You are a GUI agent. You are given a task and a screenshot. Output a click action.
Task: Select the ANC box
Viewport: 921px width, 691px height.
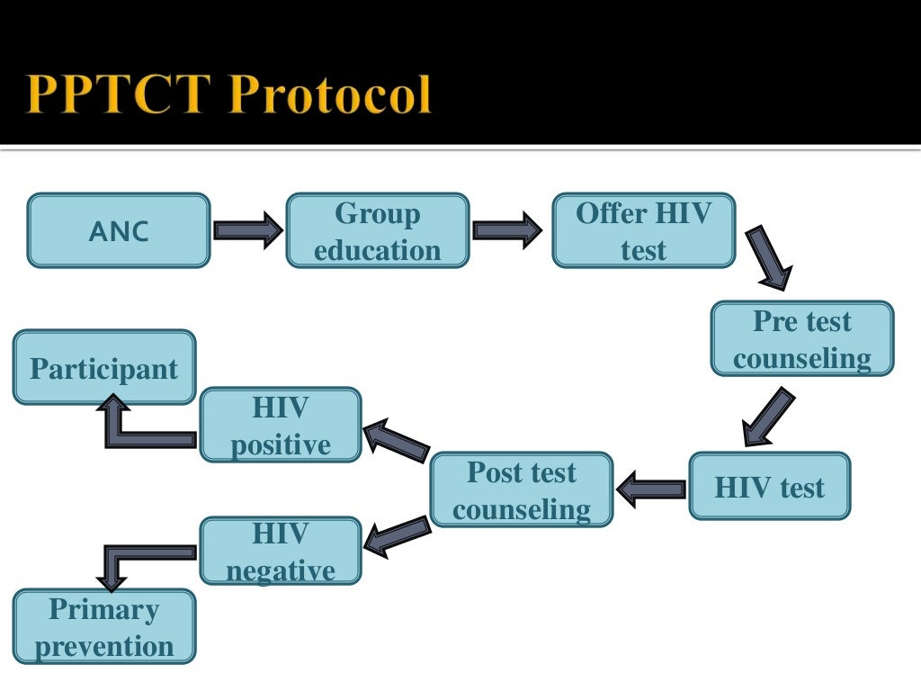pos(119,231)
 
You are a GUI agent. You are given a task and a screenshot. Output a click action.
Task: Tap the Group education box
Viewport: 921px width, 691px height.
pos(378,231)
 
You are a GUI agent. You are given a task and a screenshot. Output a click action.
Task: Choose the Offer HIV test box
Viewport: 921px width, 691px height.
pos(643,231)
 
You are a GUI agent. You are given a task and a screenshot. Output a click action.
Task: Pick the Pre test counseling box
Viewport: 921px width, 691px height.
pos(802,339)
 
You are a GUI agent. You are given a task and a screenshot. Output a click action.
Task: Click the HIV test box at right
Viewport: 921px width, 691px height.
pos(769,487)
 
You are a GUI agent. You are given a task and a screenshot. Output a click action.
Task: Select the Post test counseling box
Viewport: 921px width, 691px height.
pos(522,490)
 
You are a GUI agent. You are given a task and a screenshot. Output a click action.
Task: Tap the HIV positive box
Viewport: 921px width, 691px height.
pos(281,426)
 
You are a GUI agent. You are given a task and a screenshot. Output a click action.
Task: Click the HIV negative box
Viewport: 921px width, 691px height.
pos(281,552)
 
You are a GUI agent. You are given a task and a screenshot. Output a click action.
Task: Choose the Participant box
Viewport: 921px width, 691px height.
pos(104,368)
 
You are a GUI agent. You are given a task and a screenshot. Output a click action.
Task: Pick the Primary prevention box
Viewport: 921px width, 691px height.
pos(104,627)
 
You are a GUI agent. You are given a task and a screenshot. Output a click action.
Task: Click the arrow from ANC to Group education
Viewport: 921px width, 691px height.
pos(248,230)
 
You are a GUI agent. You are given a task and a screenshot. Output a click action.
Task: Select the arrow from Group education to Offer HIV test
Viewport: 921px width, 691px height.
pos(507,230)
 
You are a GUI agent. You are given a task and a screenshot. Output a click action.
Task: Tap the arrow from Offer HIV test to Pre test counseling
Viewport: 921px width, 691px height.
pos(769,257)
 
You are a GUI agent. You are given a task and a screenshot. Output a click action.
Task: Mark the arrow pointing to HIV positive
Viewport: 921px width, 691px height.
pos(397,441)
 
